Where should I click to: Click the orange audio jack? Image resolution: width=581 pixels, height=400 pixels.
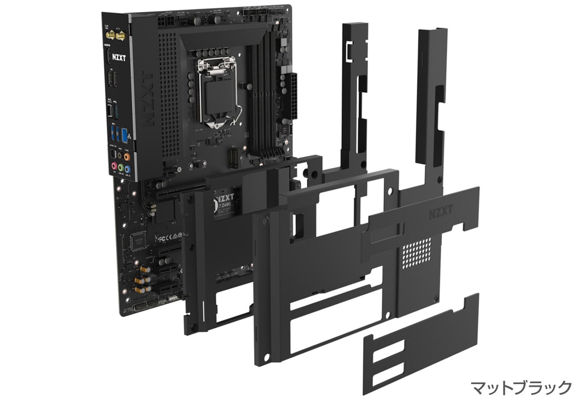127,157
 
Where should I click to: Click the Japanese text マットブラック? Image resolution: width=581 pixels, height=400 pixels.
521,388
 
